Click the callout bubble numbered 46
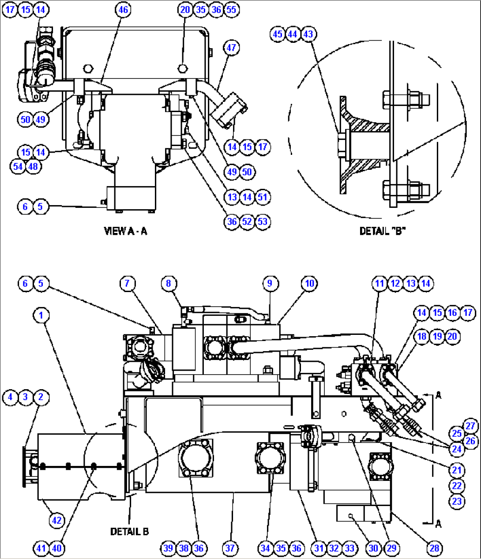(124, 10)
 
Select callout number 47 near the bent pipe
(232, 47)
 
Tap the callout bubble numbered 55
(232, 10)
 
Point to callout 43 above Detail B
(308, 34)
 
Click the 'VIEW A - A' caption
(125, 231)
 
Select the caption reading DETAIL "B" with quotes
(382, 231)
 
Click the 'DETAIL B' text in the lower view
(129, 532)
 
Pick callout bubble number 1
(41, 315)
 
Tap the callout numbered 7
(127, 283)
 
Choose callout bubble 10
(310, 283)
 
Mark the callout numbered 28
(435, 548)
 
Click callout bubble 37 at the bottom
(230, 548)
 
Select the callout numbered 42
(57, 521)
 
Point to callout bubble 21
(457, 470)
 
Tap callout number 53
(263, 221)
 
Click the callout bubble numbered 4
(10, 397)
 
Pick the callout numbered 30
(373, 548)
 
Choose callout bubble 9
(270, 283)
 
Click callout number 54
(18, 166)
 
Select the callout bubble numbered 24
(457, 450)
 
